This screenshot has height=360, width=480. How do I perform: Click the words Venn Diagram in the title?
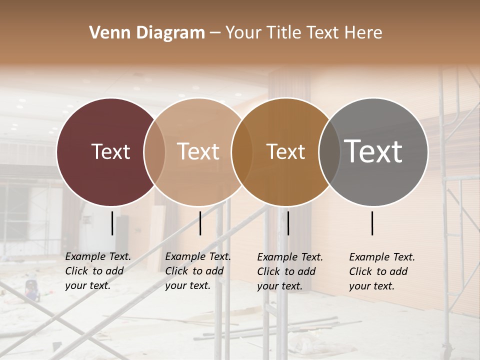pyautogui.click(x=147, y=33)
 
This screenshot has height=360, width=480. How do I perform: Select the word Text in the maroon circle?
pyautogui.click(x=110, y=151)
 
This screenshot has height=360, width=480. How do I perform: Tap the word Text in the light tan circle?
pyautogui.click(x=198, y=151)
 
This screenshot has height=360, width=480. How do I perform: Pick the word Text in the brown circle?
pyautogui.click(x=285, y=151)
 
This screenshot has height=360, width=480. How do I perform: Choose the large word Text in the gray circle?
pyautogui.click(x=373, y=151)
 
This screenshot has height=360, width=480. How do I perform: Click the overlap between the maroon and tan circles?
pyautogui.click(x=154, y=152)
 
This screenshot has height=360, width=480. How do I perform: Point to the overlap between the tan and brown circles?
pyautogui.click(x=242, y=152)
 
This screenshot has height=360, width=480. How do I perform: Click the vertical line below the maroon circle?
pyautogui.click(x=112, y=223)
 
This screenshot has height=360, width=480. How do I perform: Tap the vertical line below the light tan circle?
pyautogui.click(x=200, y=223)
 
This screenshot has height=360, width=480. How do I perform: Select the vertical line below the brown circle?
pyautogui.click(x=288, y=223)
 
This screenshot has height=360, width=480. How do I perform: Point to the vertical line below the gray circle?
pyautogui.click(x=372, y=223)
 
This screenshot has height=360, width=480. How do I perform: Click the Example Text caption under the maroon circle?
pyautogui.click(x=97, y=271)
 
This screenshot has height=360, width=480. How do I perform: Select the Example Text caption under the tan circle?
pyautogui.click(x=197, y=271)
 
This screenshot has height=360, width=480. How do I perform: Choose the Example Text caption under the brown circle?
pyautogui.click(x=289, y=271)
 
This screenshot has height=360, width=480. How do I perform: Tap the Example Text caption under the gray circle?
pyautogui.click(x=381, y=271)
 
